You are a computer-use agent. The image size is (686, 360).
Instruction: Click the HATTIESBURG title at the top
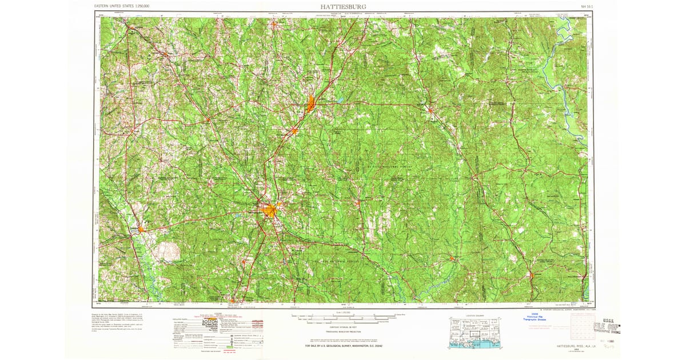(x=343, y=6)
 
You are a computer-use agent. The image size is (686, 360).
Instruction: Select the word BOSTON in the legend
(x=210, y=322)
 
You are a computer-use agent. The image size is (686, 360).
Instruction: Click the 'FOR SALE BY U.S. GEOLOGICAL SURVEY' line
(x=343, y=346)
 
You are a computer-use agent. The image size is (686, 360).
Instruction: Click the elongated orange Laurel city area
(x=311, y=104)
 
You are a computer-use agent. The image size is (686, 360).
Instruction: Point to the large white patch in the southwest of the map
(x=167, y=250)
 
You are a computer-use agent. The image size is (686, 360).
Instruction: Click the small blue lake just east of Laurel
(x=340, y=101)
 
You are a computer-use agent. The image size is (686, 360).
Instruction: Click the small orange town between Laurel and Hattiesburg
(x=294, y=131)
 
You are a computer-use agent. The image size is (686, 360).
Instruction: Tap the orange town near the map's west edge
(x=139, y=230)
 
